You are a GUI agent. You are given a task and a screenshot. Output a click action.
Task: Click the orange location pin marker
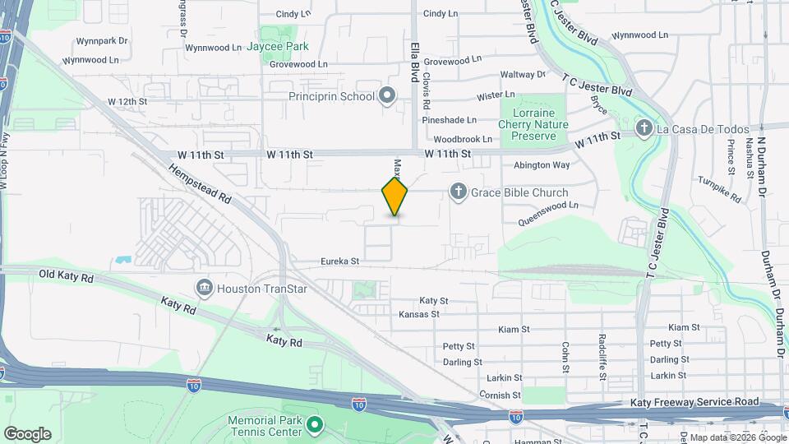pyautogui.click(x=394, y=197)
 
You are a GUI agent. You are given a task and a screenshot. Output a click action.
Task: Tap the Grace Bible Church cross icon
pyautogui.click(x=458, y=192)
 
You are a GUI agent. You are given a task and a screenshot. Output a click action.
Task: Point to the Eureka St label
pyautogui.click(x=339, y=262)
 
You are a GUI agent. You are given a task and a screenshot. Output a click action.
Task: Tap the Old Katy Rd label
pyautogui.click(x=65, y=278)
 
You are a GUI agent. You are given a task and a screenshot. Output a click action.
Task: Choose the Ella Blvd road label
pyautogui.click(x=413, y=62)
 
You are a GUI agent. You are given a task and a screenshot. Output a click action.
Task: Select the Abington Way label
pyautogui.click(x=542, y=165)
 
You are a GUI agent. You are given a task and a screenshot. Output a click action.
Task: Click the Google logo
pyautogui.click(x=27, y=434)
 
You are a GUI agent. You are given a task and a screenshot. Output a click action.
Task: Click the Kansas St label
pyautogui.click(x=419, y=315)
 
